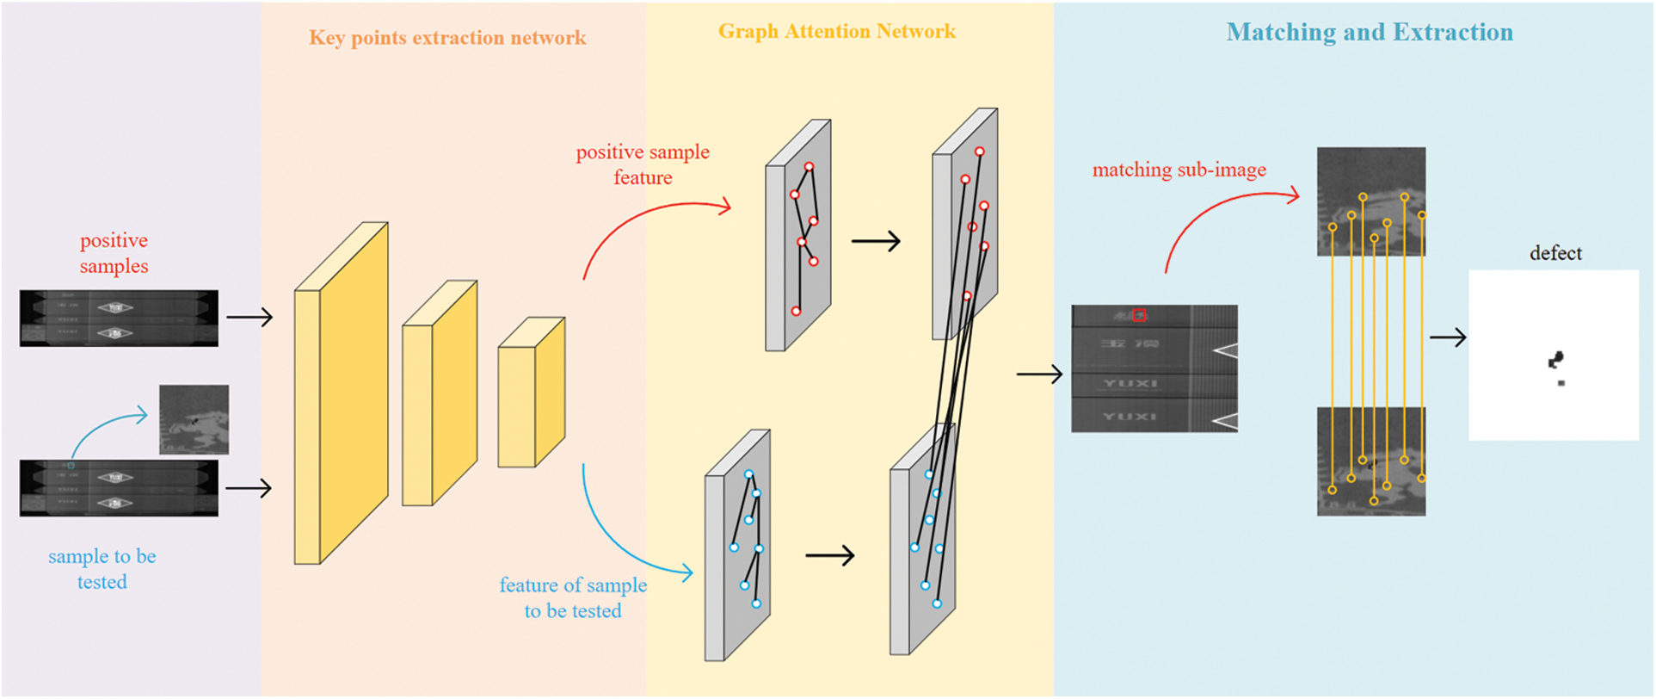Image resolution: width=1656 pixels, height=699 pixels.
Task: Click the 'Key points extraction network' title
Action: tap(447, 38)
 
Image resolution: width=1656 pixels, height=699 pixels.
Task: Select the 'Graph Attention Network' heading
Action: tap(837, 32)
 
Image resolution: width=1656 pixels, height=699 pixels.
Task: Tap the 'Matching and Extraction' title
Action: tap(1370, 33)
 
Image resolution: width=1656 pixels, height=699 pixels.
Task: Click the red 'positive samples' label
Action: tap(114, 253)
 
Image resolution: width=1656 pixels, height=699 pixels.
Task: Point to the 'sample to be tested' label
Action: tap(102, 569)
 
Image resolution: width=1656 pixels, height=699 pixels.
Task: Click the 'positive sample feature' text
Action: tap(643, 164)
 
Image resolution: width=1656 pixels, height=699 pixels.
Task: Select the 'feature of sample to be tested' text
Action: tap(573, 597)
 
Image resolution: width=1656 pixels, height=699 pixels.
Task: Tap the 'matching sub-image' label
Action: tap(1179, 170)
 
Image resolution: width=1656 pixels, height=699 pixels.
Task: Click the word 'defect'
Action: tap(1555, 253)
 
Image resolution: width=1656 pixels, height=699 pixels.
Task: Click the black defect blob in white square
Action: tap(1555, 360)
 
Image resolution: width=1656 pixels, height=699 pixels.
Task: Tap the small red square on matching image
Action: tap(1139, 316)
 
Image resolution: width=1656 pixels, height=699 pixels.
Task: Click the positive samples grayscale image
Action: tap(119, 319)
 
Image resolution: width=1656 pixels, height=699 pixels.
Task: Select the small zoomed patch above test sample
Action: tap(194, 419)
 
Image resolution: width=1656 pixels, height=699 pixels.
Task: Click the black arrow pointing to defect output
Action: tap(1448, 337)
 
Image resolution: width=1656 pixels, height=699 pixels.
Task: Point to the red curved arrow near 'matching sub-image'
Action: tap(1222, 215)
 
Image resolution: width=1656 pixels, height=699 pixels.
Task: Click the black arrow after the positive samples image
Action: tap(249, 318)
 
